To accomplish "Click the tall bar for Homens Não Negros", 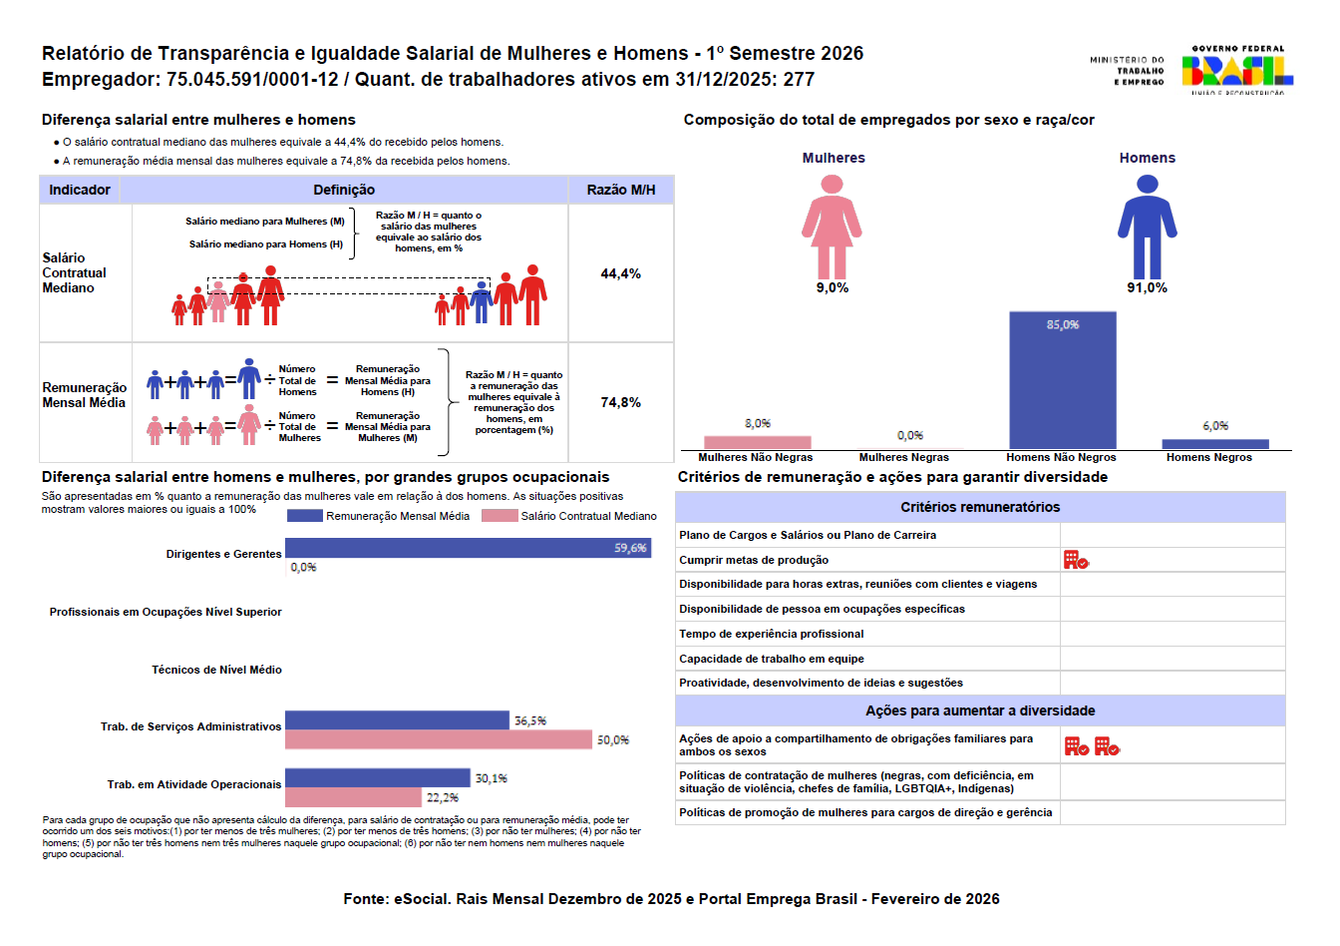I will click(x=1062, y=380).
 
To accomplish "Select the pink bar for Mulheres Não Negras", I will click(x=757, y=442).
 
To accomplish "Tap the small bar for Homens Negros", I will click(x=1214, y=444).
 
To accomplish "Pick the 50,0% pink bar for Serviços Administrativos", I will click(x=439, y=739).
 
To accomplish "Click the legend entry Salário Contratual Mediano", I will click(x=569, y=516).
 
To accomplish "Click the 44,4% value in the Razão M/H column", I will click(x=620, y=273).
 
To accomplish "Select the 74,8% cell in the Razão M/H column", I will click(x=620, y=402).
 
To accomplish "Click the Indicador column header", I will click(x=80, y=190).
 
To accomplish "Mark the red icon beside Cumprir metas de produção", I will click(x=1076, y=560).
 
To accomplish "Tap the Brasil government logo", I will click(x=1236, y=70).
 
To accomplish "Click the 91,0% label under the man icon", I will click(x=1147, y=287).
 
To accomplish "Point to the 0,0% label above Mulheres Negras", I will click(x=909, y=435).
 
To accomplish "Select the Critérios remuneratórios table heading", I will click(x=980, y=507).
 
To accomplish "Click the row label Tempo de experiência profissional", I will click(x=772, y=634).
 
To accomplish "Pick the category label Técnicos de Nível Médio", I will click(x=216, y=670).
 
